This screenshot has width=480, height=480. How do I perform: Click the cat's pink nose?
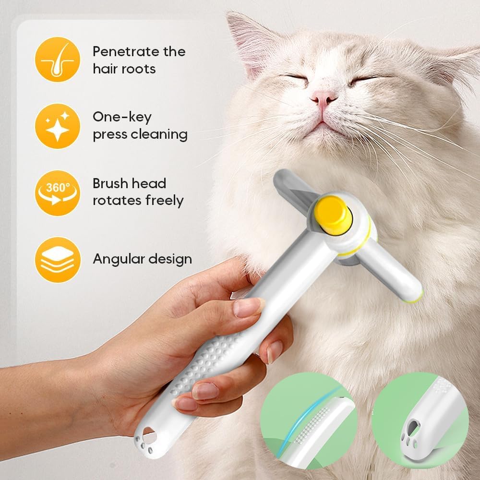click(x=324, y=97)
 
